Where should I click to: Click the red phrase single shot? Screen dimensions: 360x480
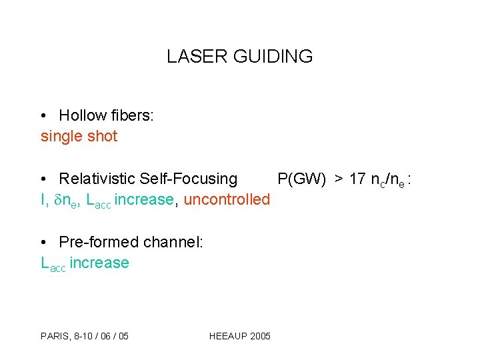click(79, 137)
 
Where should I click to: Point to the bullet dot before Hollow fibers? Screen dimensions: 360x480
click(43, 116)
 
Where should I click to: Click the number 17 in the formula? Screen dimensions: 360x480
click(357, 179)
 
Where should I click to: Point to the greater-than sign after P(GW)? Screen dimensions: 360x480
click(339, 179)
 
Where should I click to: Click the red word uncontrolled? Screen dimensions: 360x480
click(227, 199)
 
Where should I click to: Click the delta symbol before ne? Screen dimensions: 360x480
click(57, 200)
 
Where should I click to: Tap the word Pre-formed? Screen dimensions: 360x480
click(97, 242)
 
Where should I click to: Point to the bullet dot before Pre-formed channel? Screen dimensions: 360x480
click(43, 243)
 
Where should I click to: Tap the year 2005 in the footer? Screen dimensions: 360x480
click(260, 335)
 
